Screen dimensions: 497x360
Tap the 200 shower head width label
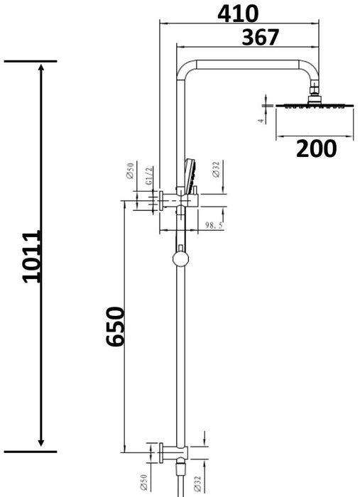pos(316,148)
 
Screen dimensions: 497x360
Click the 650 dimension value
pos(116,327)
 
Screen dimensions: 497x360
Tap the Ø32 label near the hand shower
pos(215,171)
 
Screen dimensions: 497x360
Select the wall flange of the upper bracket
pos(161,202)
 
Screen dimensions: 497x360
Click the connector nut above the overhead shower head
pos(315,92)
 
